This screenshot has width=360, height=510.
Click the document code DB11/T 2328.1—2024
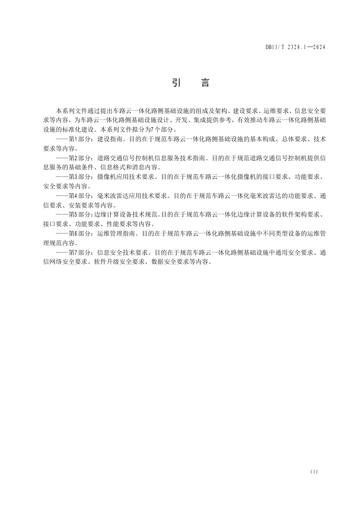tap(296, 47)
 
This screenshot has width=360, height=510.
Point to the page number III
tap(314, 472)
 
